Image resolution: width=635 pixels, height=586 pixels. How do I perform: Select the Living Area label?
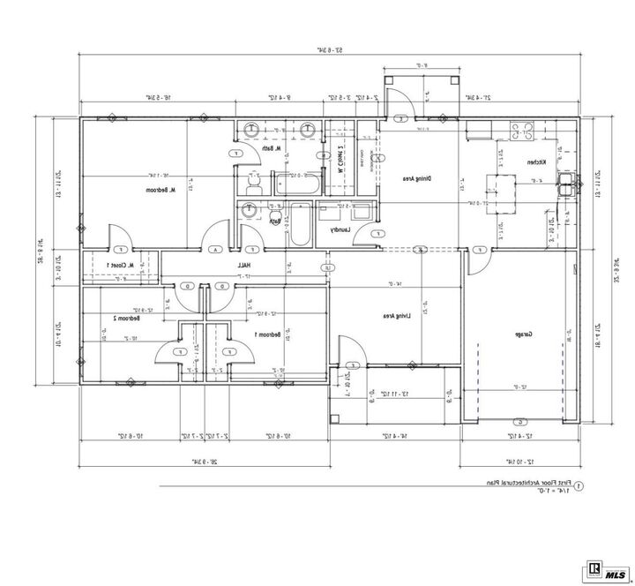(x=392, y=314)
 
